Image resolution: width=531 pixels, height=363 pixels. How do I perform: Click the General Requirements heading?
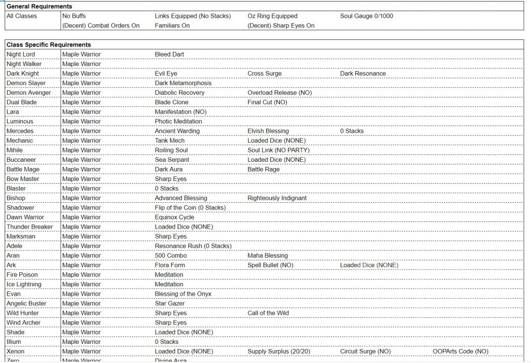[x=39, y=6]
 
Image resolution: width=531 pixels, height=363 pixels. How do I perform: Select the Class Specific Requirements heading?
[x=49, y=45]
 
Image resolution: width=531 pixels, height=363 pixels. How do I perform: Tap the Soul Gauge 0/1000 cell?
[x=367, y=16]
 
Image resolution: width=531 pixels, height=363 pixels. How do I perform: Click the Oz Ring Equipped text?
[x=273, y=16]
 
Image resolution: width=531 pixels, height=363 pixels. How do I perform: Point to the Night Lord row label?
[x=21, y=54]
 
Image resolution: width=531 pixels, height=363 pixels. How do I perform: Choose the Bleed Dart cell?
[x=170, y=54]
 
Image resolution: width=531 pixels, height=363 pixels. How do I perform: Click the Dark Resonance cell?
[x=363, y=74]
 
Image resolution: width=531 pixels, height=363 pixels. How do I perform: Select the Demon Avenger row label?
[x=29, y=93]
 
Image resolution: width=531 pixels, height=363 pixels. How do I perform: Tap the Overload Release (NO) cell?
[x=280, y=93]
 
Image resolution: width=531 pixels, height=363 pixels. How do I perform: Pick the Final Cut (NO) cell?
[x=268, y=102]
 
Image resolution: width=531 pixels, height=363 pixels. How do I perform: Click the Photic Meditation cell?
[x=178, y=121]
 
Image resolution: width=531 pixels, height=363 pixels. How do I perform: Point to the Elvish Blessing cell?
[x=268, y=131]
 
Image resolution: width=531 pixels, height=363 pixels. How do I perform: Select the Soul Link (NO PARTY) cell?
[x=278, y=150]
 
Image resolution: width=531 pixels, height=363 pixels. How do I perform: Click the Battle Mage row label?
[x=23, y=170]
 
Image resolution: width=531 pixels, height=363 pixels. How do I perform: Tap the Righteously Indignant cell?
[x=277, y=198]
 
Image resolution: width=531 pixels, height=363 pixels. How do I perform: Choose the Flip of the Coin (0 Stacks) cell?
[x=190, y=207]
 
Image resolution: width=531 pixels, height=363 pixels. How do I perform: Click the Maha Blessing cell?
[x=268, y=256]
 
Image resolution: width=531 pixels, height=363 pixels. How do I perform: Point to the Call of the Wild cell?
[x=268, y=313]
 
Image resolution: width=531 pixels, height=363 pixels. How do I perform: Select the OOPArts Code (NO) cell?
[x=460, y=352]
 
